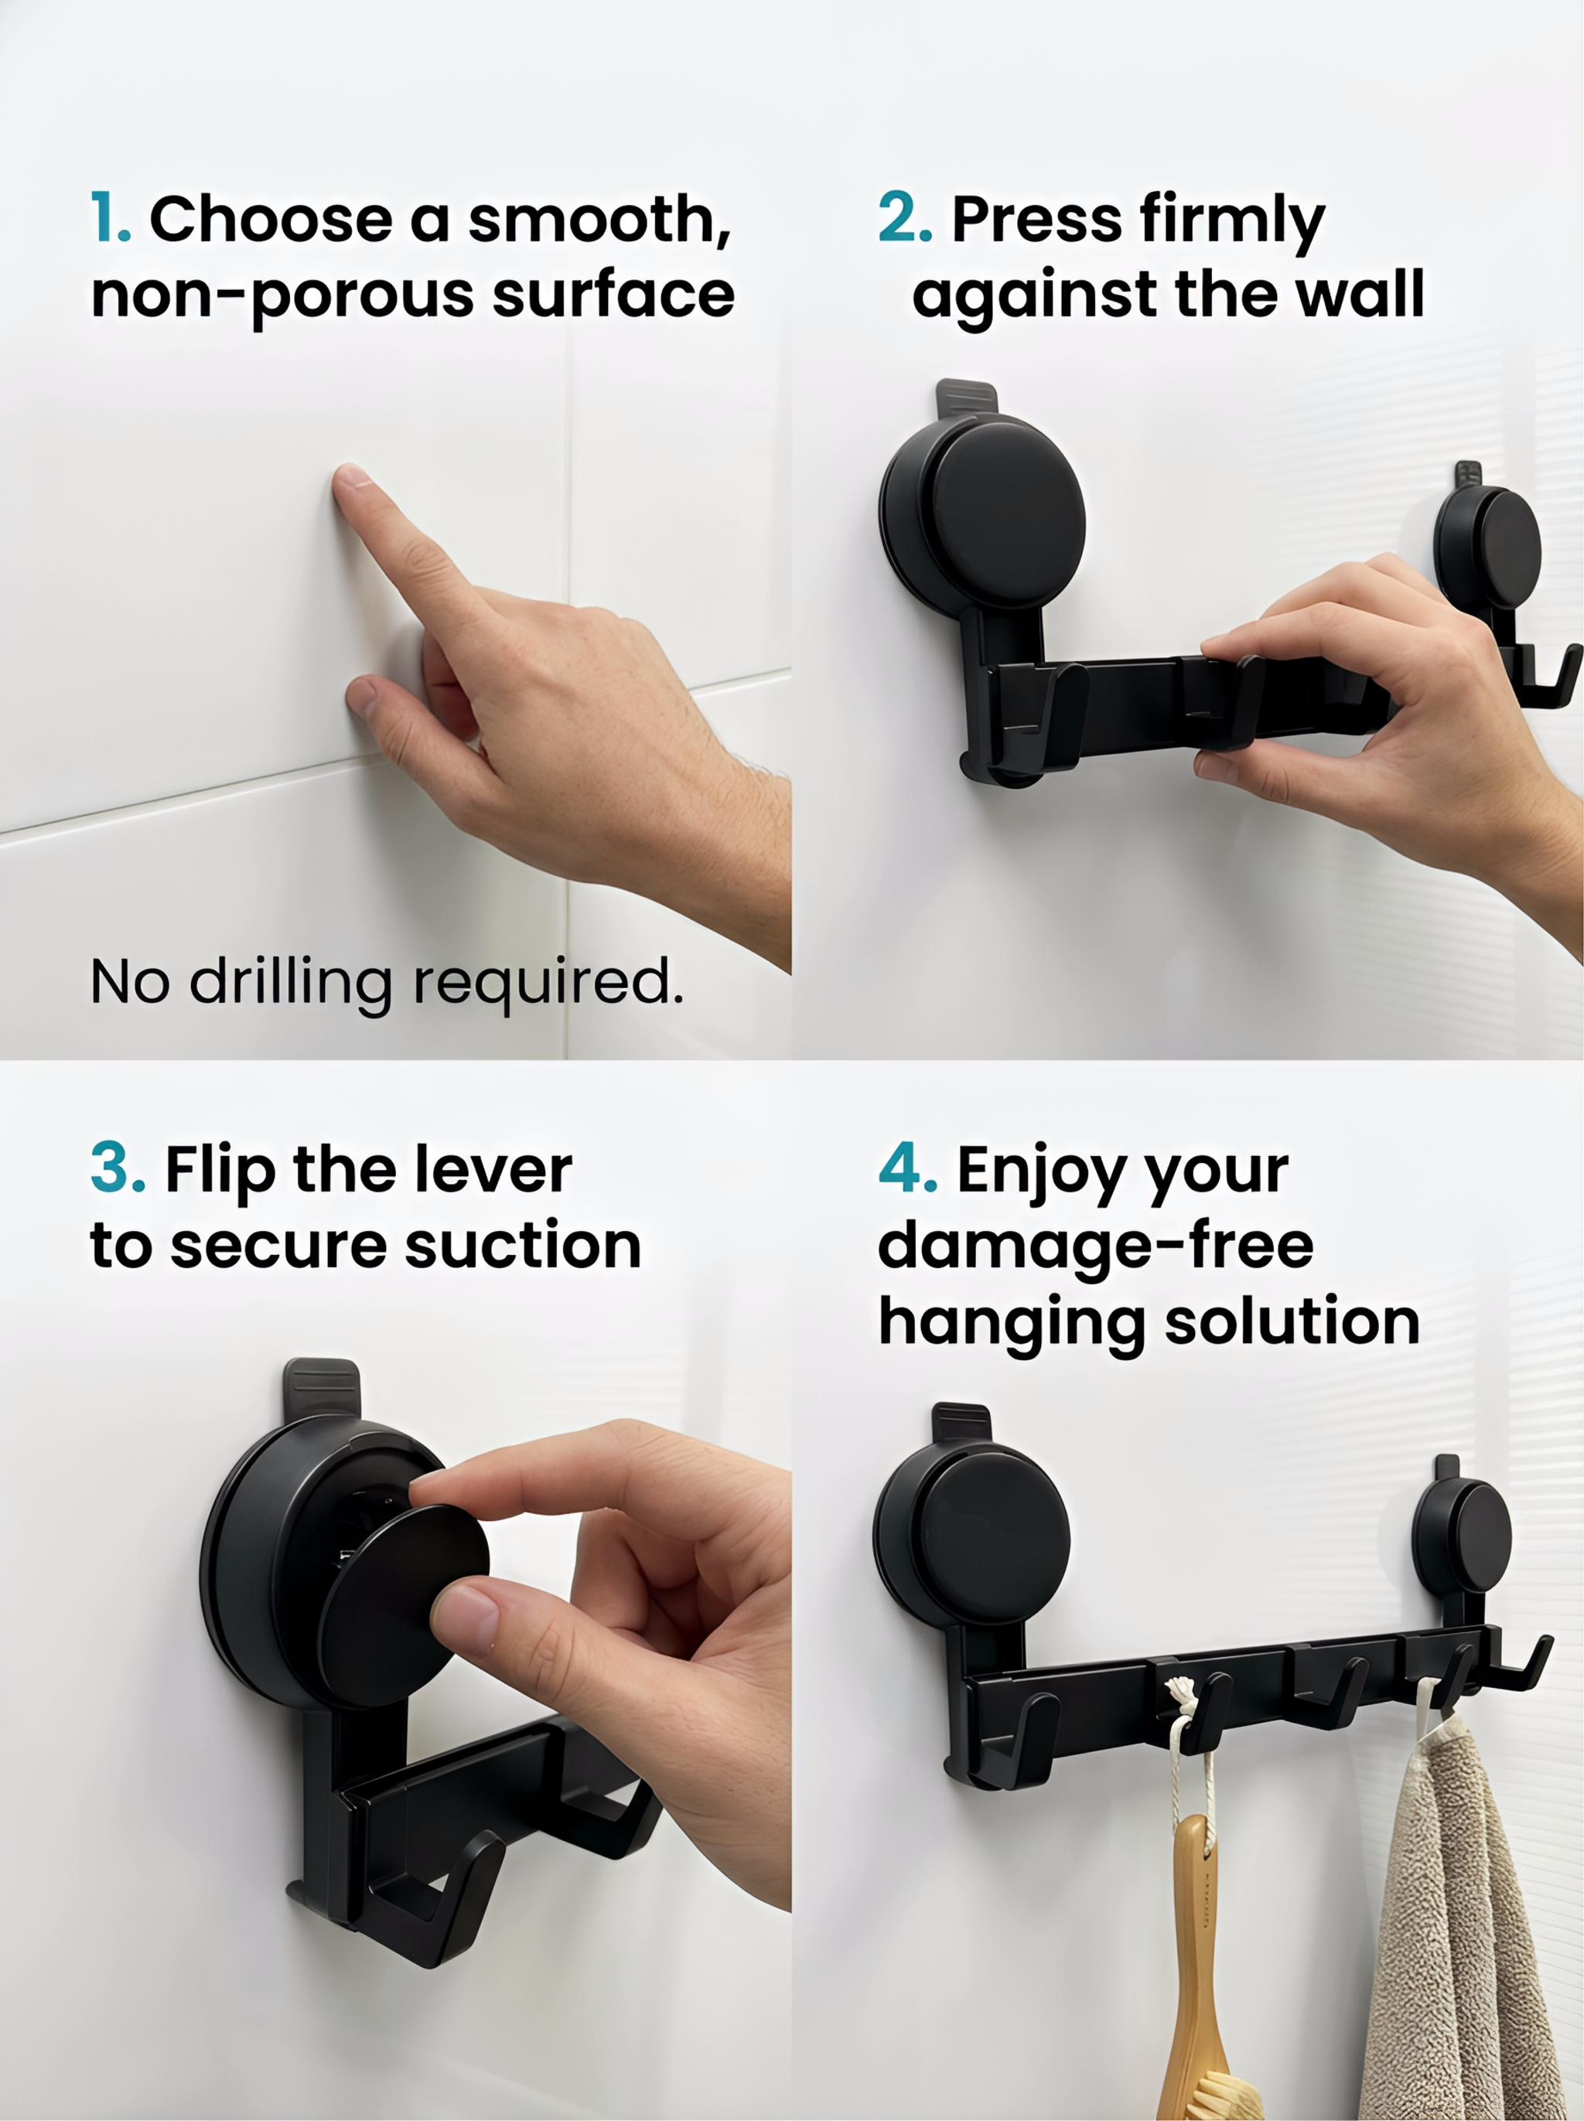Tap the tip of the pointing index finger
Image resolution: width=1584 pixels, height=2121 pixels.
pos(351,476)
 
